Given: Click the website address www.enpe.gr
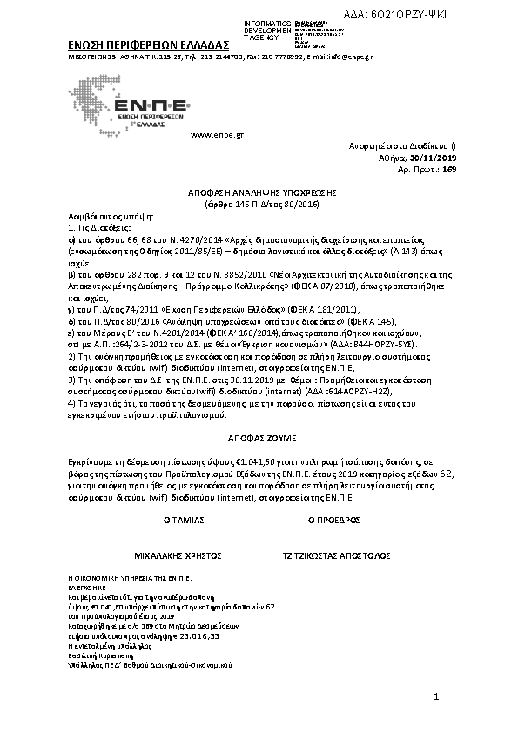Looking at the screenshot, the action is click(216, 135).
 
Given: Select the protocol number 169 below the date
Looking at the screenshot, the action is click(449, 169).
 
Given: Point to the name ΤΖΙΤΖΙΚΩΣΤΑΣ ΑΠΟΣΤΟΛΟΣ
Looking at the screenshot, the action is click(336, 555).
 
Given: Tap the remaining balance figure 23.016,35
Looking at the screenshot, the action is click(210, 636).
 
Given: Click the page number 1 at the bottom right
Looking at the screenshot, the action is click(436, 698).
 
